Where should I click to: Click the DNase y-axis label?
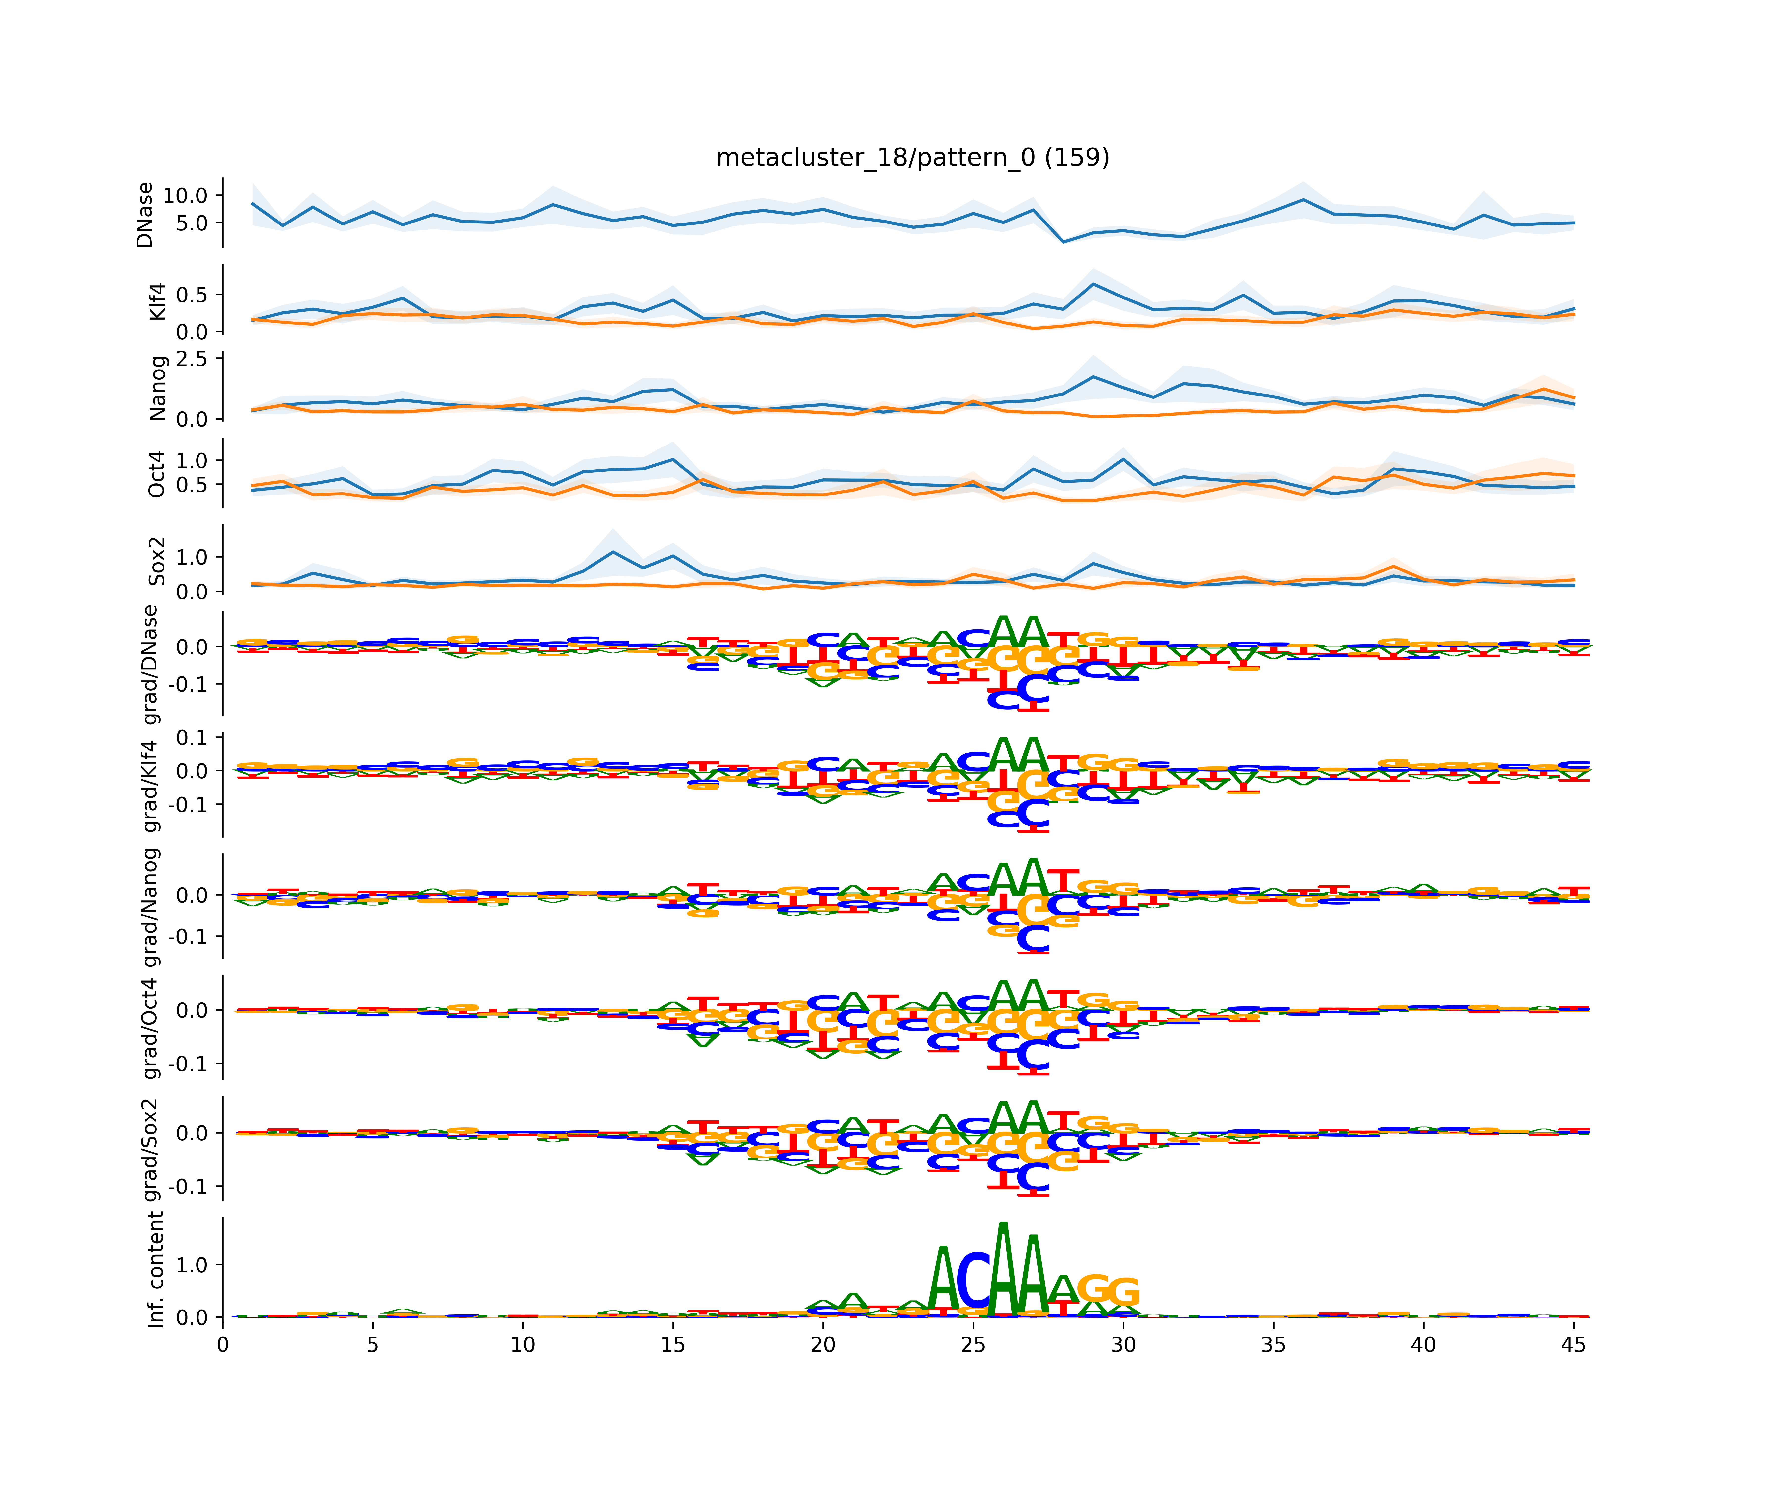(x=145, y=215)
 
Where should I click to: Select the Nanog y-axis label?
(x=157, y=388)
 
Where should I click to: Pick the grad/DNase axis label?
(x=150, y=665)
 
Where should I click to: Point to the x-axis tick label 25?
(x=973, y=1345)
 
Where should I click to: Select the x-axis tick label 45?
(x=1573, y=1345)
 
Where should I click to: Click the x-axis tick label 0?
(x=223, y=1345)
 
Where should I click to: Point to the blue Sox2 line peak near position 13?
(x=613, y=552)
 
